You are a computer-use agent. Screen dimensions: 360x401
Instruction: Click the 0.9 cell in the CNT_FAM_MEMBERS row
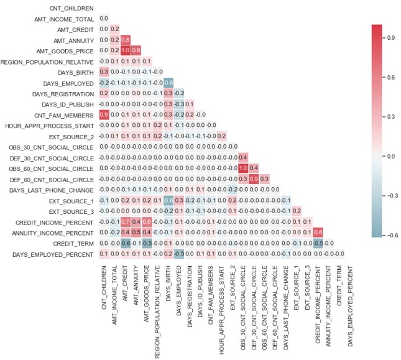(x=104, y=115)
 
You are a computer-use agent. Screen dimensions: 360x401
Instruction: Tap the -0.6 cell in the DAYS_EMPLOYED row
(x=169, y=83)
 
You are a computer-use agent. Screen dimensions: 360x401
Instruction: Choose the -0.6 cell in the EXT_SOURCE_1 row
(x=169, y=200)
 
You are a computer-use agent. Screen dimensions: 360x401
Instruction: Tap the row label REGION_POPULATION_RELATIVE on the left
(x=47, y=62)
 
